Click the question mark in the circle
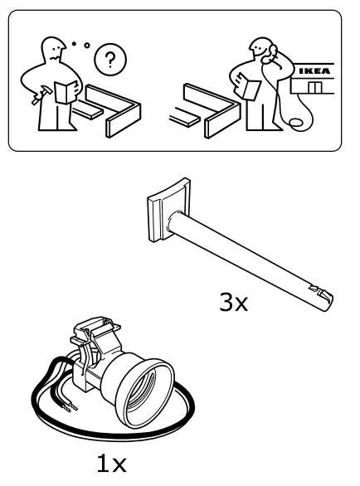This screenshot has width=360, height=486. [x=110, y=61]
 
